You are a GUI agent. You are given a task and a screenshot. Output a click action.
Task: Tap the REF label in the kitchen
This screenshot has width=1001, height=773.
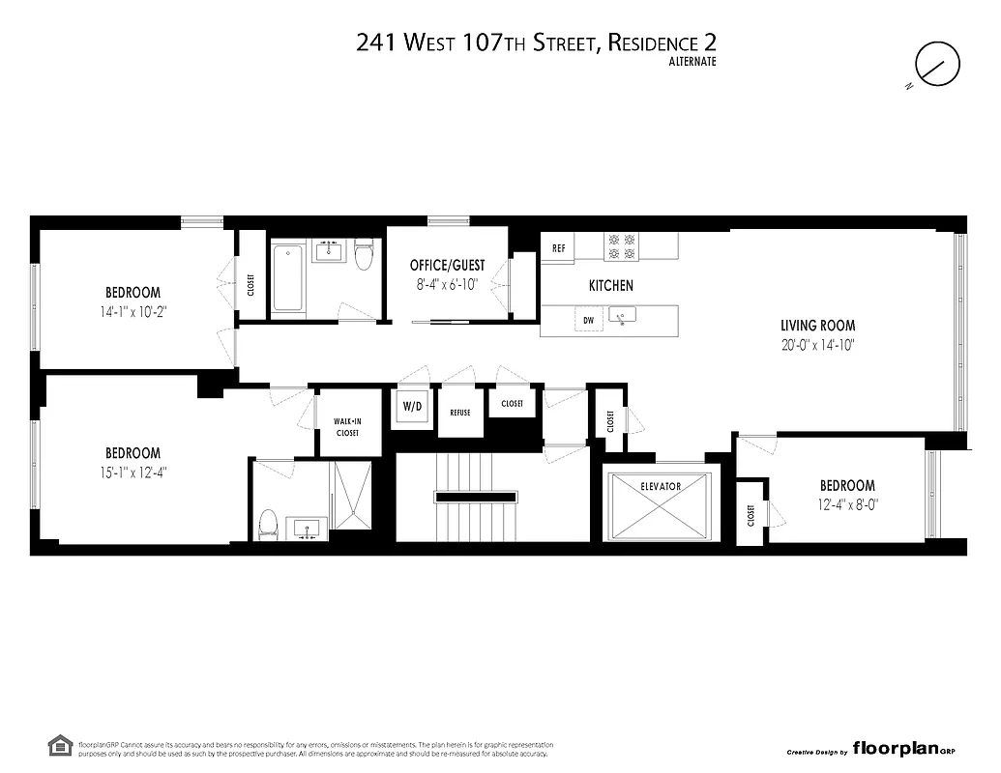(x=558, y=248)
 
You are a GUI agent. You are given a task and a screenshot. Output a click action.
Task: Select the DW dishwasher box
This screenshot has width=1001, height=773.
(x=587, y=320)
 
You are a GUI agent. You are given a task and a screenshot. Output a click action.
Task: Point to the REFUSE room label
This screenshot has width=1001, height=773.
(x=459, y=413)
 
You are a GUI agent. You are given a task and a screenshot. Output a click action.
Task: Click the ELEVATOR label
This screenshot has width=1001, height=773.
(x=661, y=487)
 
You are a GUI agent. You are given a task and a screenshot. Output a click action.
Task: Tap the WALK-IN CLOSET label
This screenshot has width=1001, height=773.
(x=346, y=427)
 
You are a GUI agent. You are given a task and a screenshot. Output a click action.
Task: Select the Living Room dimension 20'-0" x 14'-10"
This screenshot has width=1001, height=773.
(x=818, y=344)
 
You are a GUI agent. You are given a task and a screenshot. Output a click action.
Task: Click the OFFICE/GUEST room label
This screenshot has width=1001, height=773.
(x=447, y=266)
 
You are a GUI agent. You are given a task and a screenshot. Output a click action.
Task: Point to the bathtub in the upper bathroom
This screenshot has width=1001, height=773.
(x=287, y=278)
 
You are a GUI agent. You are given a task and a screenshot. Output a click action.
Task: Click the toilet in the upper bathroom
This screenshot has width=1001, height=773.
(x=364, y=256)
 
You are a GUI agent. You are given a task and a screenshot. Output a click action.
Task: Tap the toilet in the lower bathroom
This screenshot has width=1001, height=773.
(x=269, y=525)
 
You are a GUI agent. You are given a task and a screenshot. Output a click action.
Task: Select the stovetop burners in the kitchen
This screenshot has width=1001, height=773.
(x=620, y=246)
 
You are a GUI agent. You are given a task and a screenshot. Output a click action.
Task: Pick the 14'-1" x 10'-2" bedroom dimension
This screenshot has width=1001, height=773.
(x=132, y=311)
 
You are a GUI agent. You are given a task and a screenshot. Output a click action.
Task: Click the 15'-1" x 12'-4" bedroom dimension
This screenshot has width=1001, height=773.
(x=132, y=472)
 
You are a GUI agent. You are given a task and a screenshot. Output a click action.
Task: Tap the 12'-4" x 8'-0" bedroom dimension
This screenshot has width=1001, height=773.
(x=847, y=503)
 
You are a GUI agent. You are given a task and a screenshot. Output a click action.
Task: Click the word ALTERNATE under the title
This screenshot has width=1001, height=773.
(x=693, y=62)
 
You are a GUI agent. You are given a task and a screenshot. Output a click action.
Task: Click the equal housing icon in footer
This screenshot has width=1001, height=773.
(x=59, y=746)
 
